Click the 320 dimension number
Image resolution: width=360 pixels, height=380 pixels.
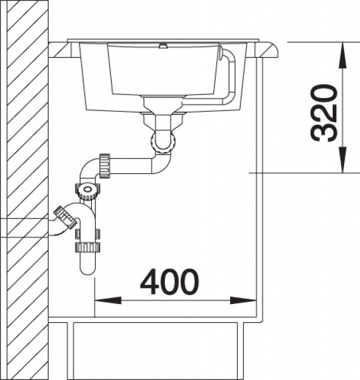pyautogui.click(x=323, y=113)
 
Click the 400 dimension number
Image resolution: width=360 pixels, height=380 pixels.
pyautogui.click(x=169, y=281)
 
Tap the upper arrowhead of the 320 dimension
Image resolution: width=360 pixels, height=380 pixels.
pyautogui.click(x=343, y=55)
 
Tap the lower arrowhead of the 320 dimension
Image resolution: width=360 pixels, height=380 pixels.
pyautogui.click(x=343, y=160)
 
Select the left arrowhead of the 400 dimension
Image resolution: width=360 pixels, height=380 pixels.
pyautogui.click(x=108, y=300)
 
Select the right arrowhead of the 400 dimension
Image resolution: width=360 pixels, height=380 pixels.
pyautogui.click(x=243, y=300)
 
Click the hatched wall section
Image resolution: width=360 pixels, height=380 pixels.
pyautogui.click(x=28, y=190)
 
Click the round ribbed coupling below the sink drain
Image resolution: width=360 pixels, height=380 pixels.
pyautogui.click(x=163, y=144)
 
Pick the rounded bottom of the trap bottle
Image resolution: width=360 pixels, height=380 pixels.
pyautogui.click(x=87, y=269)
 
